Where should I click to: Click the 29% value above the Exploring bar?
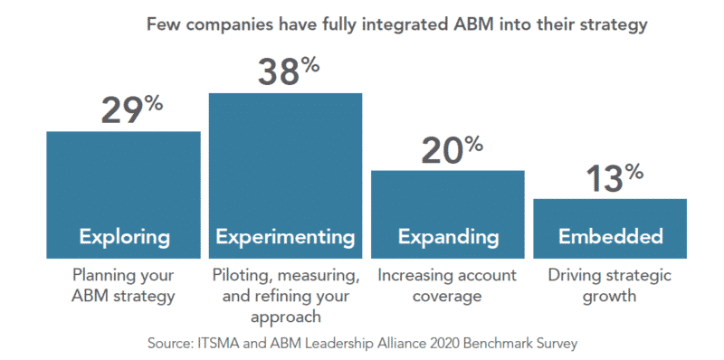point(130,111)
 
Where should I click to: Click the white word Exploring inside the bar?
point(124,238)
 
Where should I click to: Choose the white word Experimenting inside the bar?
point(285,238)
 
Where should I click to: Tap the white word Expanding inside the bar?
point(448,238)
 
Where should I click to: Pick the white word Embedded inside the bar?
point(610,238)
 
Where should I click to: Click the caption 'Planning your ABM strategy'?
point(124,284)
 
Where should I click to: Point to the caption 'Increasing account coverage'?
point(447,284)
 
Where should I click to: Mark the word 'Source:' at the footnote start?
point(171,343)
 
